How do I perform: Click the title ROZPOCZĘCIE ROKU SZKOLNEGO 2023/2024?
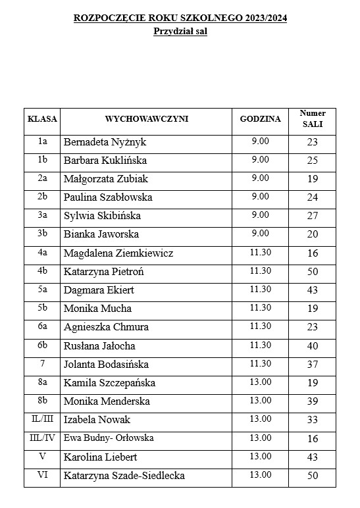tap(180, 18)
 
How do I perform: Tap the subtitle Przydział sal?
tap(180, 31)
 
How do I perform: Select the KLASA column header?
tap(42, 119)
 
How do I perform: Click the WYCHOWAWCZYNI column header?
tap(147, 119)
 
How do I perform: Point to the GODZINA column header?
tap(260, 119)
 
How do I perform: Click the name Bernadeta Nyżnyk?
tap(105, 142)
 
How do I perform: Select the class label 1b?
tap(42, 160)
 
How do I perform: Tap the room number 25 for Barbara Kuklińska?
tap(312, 161)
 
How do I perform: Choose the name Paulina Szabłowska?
tap(108, 197)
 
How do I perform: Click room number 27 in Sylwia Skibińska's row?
tap(312, 216)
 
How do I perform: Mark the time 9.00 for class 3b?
tap(260, 234)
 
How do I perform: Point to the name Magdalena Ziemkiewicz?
tap(118, 253)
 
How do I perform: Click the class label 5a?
tap(42, 290)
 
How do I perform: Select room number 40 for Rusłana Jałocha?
tap(312, 345)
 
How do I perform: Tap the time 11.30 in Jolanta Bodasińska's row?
tap(260, 363)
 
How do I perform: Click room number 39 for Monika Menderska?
tap(312, 401)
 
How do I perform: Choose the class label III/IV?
tap(42, 438)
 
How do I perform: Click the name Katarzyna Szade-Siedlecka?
tap(124, 476)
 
